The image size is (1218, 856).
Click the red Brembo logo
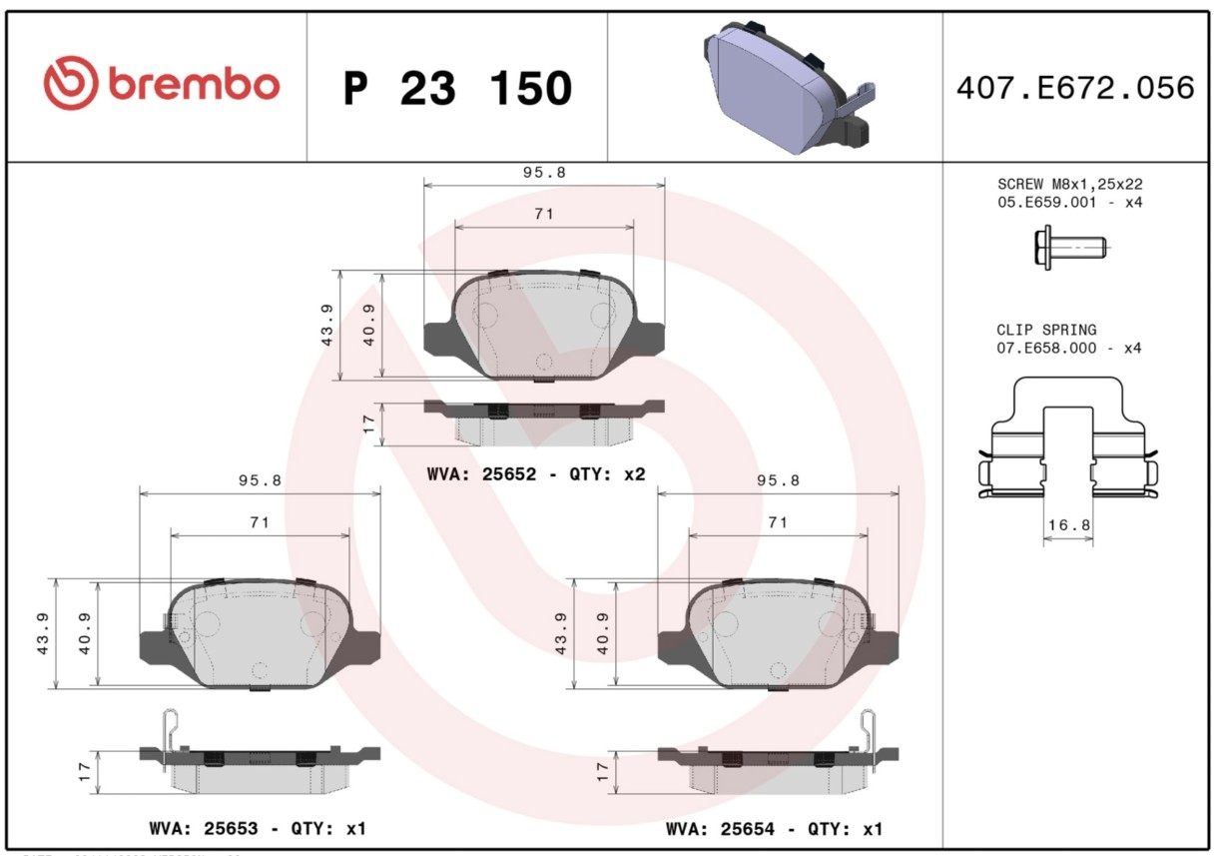[x=162, y=83]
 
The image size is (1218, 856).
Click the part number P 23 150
[x=458, y=88]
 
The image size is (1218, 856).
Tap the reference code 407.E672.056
[x=1075, y=88]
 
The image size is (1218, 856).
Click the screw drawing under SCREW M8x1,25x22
[x=1069, y=248]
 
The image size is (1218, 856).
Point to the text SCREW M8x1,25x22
[x=1069, y=184]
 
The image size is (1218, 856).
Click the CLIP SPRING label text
[x=1046, y=330]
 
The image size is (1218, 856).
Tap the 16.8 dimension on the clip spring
[x=1069, y=524]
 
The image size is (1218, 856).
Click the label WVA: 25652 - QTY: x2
[x=536, y=474]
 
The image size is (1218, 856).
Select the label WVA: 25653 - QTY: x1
[x=258, y=828]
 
